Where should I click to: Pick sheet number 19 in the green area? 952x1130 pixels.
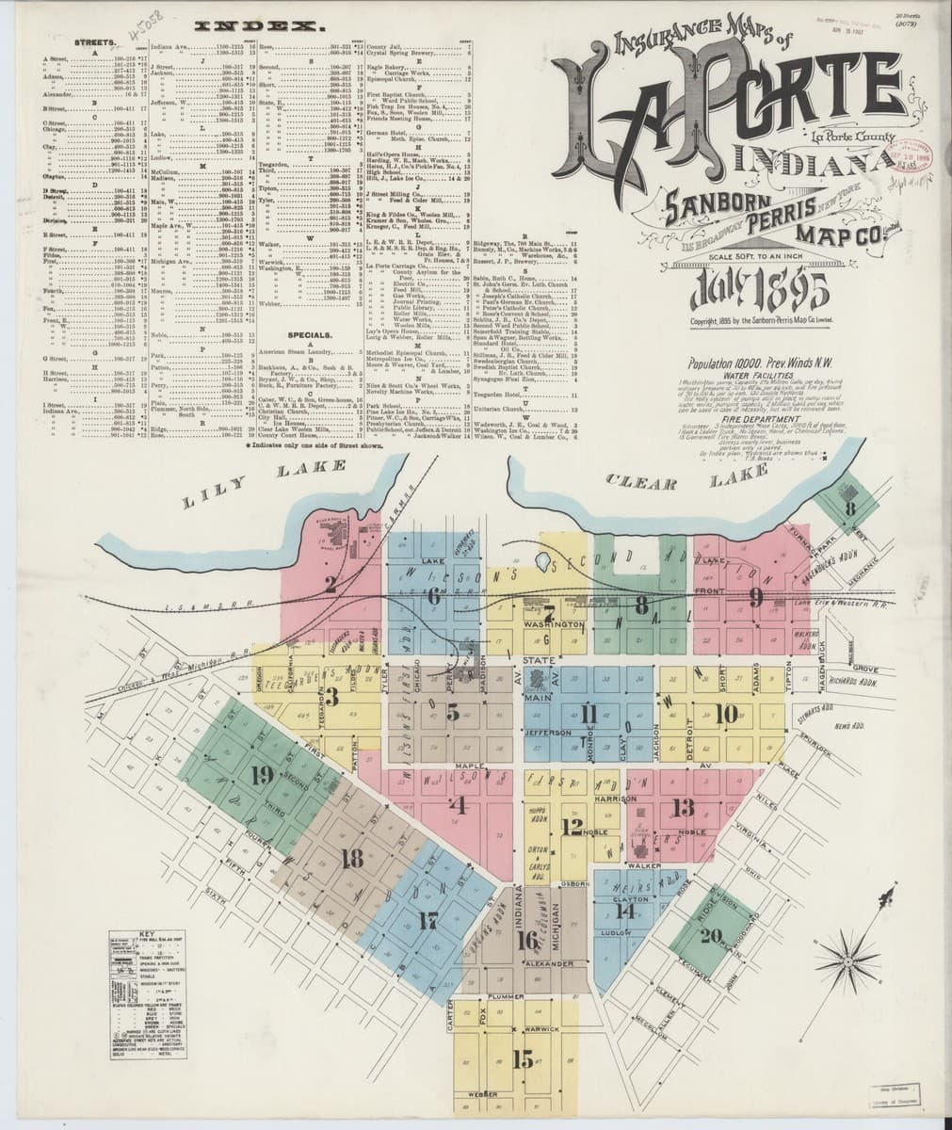click(262, 775)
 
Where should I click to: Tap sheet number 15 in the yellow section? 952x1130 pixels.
click(523, 1058)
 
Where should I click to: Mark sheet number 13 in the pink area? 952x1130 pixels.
click(682, 806)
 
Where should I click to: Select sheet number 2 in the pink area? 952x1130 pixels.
click(331, 584)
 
